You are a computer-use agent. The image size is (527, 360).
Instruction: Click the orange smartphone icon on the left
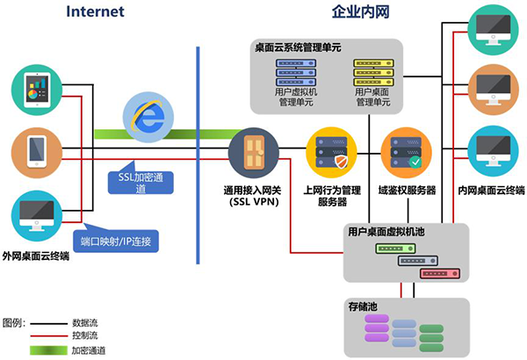36,151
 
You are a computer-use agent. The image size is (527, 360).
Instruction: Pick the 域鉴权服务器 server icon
405,151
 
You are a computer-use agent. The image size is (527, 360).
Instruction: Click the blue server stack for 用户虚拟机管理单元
296,70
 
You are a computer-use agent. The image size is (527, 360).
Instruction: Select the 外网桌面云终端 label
36,254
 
